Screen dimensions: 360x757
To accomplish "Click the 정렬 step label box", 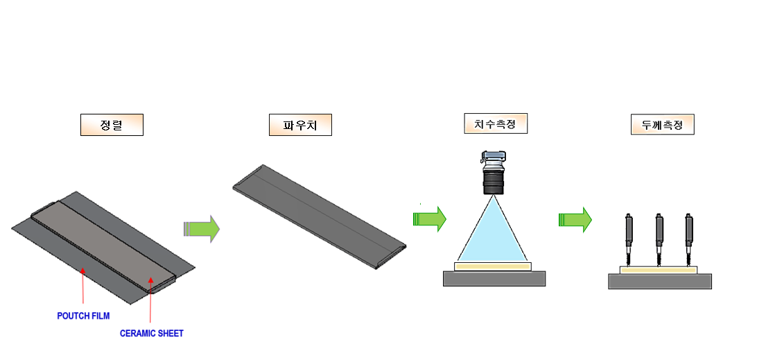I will (x=112, y=125).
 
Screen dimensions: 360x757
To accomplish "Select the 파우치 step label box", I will (x=300, y=125).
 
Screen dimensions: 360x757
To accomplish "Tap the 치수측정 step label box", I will (x=495, y=124).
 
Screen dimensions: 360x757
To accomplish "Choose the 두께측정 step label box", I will (x=663, y=125).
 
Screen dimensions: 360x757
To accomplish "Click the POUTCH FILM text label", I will (x=83, y=316).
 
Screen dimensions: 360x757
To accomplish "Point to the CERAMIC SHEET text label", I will (x=152, y=334).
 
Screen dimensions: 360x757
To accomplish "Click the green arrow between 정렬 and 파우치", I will (x=202, y=228).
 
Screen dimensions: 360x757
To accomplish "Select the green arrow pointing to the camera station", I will (x=430, y=218).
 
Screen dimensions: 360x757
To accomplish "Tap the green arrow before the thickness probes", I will (x=575, y=220).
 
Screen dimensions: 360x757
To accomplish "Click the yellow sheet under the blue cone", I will (x=493, y=266).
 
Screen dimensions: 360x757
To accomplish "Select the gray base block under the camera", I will (x=494, y=278).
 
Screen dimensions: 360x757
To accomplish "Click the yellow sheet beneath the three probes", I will (x=659, y=270).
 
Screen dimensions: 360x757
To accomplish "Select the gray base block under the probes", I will (x=660, y=281).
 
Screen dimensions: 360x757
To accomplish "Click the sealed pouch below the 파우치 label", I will (x=319, y=215).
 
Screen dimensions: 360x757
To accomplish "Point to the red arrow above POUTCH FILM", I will (x=83, y=284).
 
